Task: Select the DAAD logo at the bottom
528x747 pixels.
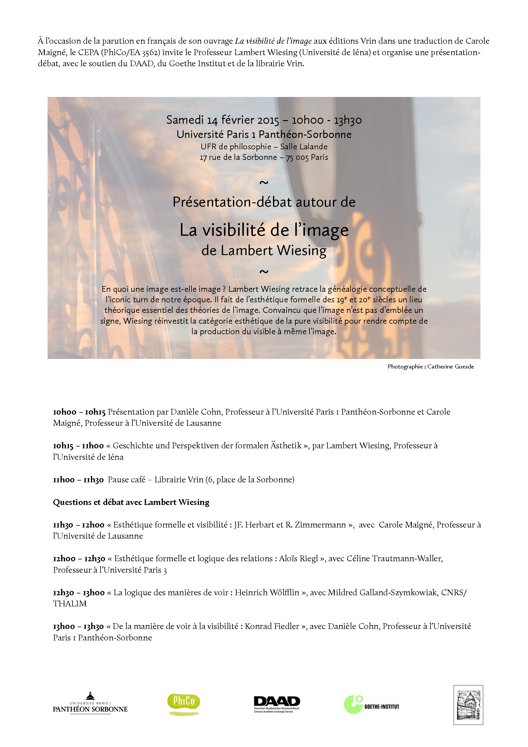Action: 277,703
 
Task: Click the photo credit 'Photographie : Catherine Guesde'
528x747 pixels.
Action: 430,367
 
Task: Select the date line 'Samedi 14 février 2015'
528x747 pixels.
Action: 223,120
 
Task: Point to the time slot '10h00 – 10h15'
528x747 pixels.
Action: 79,412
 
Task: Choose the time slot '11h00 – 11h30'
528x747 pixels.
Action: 78,480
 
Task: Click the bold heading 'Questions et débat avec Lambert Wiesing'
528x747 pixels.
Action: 131,502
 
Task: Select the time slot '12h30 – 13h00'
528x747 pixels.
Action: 79,593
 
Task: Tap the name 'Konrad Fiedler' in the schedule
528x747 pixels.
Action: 272,626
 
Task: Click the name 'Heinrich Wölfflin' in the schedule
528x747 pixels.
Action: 267,593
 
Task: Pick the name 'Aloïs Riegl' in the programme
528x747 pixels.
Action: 298,559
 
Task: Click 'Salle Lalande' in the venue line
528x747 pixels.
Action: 304,147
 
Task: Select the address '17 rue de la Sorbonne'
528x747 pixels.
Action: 238,157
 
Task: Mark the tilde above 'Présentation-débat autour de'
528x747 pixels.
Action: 264,182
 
